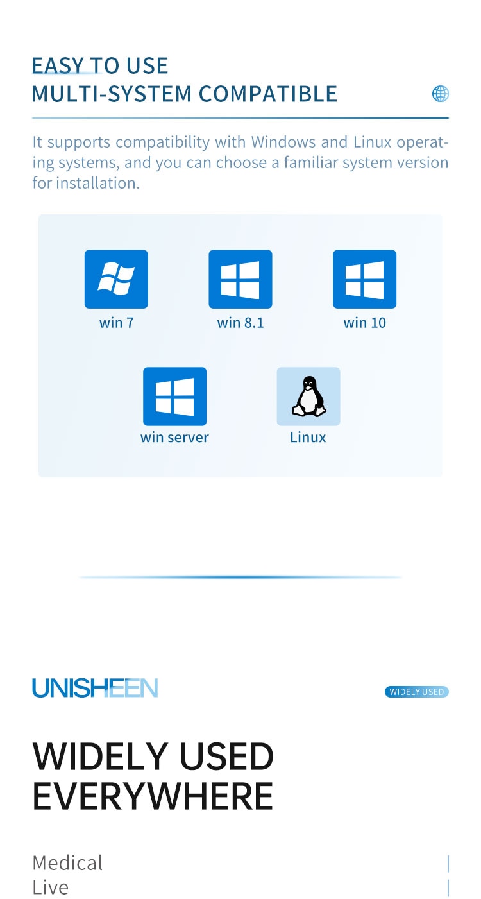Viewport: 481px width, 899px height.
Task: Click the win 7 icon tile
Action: coord(116,279)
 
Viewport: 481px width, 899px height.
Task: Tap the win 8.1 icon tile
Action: coord(240,279)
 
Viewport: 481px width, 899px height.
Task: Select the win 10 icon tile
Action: coord(365,279)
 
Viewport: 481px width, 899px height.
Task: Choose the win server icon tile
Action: coord(175,396)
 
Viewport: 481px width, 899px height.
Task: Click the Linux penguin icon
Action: coord(308,396)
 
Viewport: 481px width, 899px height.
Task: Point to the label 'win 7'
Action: coord(116,323)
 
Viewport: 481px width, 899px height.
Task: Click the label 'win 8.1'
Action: coord(240,323)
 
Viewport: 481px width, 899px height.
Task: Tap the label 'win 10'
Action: coord(365,323)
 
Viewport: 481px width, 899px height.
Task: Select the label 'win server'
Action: coord(174,437)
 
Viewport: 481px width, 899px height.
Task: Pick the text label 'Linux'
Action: coord(308,437)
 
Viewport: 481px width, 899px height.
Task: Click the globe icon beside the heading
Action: coord(441,94)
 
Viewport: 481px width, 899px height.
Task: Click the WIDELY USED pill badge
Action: coord(417,692)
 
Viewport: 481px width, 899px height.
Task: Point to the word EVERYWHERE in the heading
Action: coord(153,797)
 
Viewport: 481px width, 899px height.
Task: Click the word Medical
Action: coord(67,863)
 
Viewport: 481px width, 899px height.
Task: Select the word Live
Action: coord(51,887)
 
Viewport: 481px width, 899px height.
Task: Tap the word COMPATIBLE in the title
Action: coord(268,94)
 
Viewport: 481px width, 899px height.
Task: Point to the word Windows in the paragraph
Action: coord(283,142)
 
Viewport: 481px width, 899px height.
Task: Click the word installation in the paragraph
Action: coord(97,183)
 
